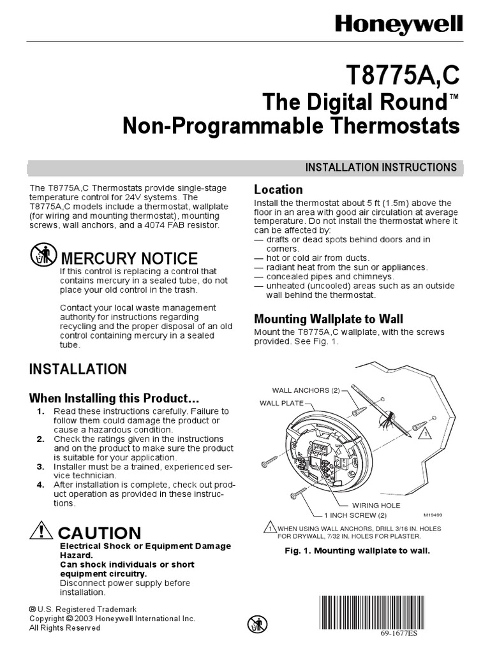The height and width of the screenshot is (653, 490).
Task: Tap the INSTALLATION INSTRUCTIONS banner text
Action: pyautogui.click(x=381, y=168)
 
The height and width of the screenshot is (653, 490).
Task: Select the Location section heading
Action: pyautogui.click(x=278, y=189)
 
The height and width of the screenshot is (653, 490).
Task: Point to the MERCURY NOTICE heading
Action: pyautogui.click(x=128, y=258)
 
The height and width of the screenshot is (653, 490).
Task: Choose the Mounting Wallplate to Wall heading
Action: pyautogui.click(x=329, y=319)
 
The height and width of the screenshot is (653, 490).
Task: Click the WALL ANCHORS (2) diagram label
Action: pyautogui.click(x=306, y=390)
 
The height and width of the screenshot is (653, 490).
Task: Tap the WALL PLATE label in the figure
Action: pyautogui.click(x=281, y=403)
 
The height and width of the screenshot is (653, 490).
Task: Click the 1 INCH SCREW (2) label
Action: pyautogui.click(x=355, y=515)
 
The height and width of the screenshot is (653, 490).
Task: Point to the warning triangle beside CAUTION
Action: pyautogui.click(x=41, y=531)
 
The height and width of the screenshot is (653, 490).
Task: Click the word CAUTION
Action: pyautogui.click(x=99, y=533)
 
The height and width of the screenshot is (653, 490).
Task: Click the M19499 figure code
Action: pyautogui.click(x=432, y=514)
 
